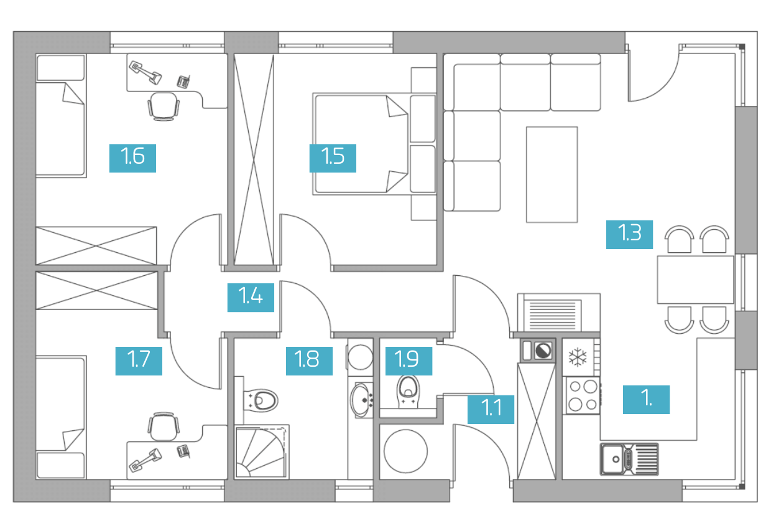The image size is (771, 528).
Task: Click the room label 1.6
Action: (x=132, y=158)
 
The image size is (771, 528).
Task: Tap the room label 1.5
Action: (x=333, y=158)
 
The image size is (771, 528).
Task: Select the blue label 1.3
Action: (x=629, y=234)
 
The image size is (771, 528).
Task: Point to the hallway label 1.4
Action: (x=251, y=298)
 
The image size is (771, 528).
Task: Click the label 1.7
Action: (x=139, y=361)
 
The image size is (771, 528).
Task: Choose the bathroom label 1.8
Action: (x=310, y=361)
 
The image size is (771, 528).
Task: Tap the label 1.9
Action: (x=409, y=361)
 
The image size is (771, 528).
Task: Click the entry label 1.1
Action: (x=491, y=410)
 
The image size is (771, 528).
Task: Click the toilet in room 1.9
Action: (x=409, y=392)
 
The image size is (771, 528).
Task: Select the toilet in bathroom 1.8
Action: (x=261, y=400)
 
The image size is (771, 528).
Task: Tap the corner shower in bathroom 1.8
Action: (x=262, y=452)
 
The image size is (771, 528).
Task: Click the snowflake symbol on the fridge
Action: (x=578, y=357)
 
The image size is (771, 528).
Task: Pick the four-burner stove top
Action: (x=583, y=395)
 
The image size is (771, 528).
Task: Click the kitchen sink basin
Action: (x=612, y=459)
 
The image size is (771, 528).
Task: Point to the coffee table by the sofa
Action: (x=552, y=174)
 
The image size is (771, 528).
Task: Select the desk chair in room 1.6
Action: (x=164, y=106)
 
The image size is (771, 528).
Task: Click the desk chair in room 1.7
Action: (x=164, y=427)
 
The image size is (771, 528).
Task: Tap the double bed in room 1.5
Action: (x=374, y=144)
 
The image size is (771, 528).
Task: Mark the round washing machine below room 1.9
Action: (x=406, y=451)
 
